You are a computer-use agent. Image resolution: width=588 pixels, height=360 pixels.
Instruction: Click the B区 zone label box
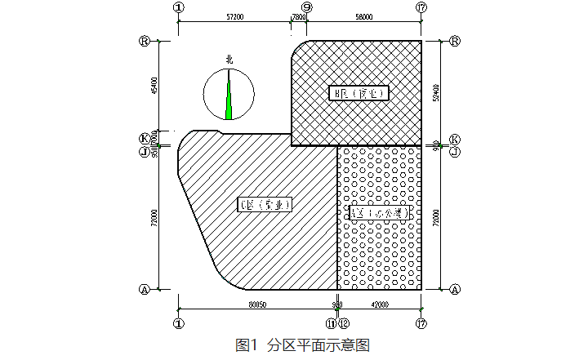pos(359,93)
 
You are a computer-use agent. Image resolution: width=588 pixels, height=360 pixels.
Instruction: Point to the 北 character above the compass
pos(229,59)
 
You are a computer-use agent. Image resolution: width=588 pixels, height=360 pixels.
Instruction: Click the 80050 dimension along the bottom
pos(257,304)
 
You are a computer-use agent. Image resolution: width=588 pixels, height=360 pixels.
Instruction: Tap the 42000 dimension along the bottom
pos(381,304)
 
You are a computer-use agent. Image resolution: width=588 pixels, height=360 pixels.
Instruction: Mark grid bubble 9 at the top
pos(306,7)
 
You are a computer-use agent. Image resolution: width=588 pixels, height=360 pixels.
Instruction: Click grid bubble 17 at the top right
pos(421,7)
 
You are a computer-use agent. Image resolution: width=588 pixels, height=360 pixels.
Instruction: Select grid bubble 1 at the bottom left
pos(178,323)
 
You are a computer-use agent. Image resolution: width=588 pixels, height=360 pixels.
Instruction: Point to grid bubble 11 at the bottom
pos(332,323)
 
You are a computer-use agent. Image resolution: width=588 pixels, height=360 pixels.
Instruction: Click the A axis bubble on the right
pos(455,289)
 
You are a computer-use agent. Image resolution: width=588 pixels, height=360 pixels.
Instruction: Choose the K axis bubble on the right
pos(455,140)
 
